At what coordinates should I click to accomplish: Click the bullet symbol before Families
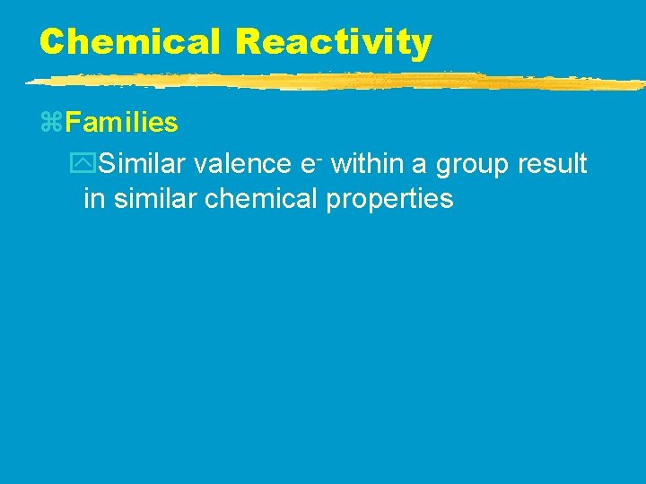point(51,122)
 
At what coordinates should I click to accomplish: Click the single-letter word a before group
point(420,167)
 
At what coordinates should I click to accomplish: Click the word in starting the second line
point(92,199)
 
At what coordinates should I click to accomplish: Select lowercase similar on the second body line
point(153,199)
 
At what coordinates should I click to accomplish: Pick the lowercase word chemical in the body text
point(261,199)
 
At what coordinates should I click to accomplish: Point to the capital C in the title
point(52,41)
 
